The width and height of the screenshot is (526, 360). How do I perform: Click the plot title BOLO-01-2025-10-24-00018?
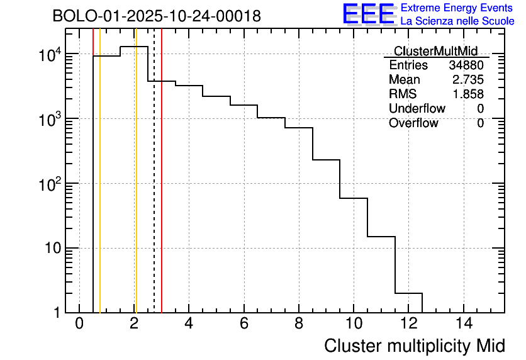tap(157, 16)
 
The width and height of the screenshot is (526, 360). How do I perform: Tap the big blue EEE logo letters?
tap(368, 14)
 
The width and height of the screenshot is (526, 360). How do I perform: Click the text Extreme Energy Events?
tap(457, 8)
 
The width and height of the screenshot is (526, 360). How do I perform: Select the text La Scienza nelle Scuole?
tap(457, 21)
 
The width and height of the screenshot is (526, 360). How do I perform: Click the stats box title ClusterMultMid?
tap(435, 51)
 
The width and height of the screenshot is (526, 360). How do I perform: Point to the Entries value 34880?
tap(466, 65)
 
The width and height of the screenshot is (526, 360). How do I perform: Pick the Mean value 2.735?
tap(468, 80)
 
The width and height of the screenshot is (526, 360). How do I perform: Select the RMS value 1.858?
tap(468, 94)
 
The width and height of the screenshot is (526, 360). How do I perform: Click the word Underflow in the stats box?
tap(417, 109)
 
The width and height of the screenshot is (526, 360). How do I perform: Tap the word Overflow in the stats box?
tap(413, 123)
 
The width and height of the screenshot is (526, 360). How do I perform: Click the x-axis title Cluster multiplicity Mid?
tap(414, 346)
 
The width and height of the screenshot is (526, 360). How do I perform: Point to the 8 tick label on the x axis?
tap(299, 323)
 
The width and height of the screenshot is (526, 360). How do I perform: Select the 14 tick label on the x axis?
tap(464, 323)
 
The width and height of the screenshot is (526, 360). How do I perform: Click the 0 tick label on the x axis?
tap(79, 323)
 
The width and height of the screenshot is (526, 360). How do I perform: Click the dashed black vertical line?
tap(154, 189)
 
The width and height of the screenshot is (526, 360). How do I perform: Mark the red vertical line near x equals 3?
tap(162, 189)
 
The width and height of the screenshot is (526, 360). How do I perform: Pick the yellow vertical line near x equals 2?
tap(135, 189)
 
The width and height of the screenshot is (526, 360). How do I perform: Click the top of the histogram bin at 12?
tap(408, 293)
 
